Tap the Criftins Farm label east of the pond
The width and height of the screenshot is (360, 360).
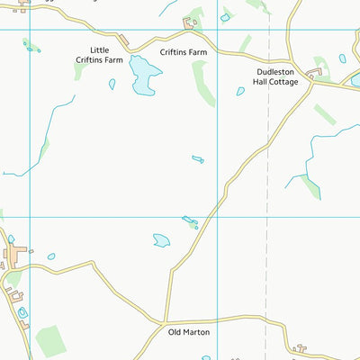[184, 52]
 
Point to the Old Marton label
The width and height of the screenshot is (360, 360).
[189, 332]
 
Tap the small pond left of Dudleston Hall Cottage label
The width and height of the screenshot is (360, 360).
[240, 91]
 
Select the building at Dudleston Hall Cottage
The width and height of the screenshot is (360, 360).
[316, 72]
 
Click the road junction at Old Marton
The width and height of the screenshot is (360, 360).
[165, 320]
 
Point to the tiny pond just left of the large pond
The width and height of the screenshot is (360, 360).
[112, 84]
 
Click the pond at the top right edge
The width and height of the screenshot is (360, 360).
[355, 80]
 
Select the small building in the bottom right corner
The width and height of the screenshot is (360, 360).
[301, 347]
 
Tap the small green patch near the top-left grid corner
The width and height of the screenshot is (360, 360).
[32, 46]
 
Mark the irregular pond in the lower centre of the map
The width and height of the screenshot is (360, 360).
[162, 240]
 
